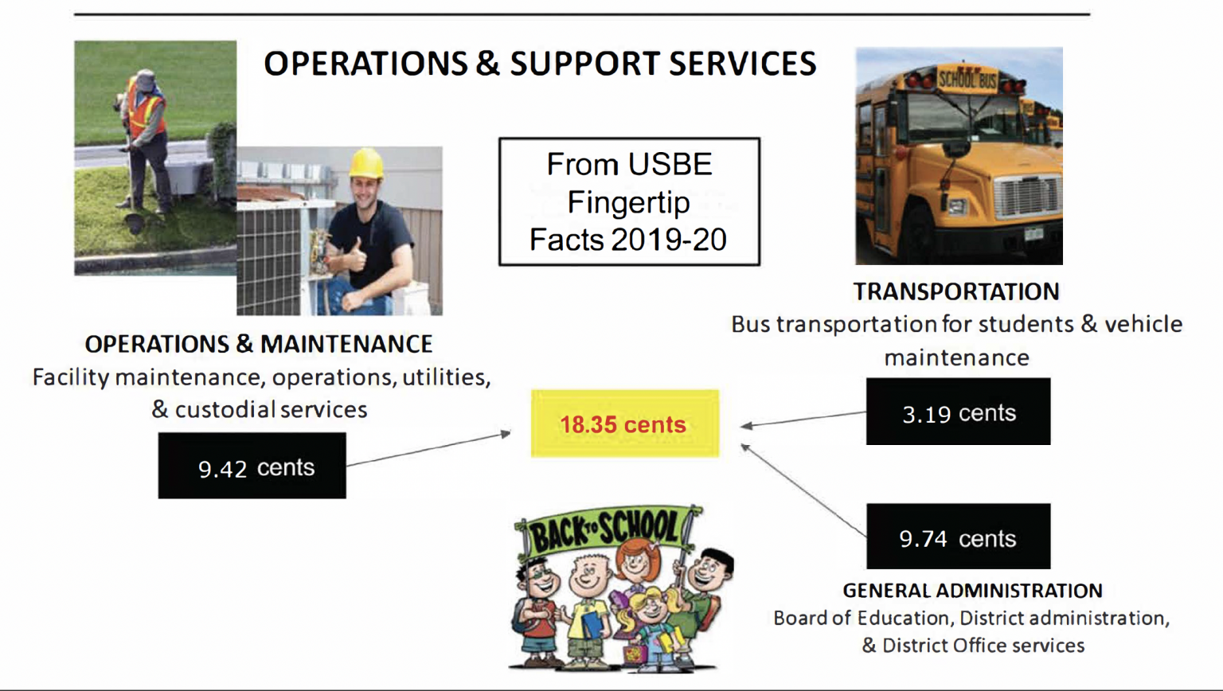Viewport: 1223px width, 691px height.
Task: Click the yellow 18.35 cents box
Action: click(x=625, y=424)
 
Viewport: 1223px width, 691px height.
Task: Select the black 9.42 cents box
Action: click(x=252, y=466)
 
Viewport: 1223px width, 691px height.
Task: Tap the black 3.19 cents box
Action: click(x=958, y=412)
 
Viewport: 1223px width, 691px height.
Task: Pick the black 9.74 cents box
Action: click(x=958, y=537)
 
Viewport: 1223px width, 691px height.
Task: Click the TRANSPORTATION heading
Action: click(x=956, y=292)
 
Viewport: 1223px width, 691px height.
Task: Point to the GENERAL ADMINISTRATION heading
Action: click(x=973, y=591)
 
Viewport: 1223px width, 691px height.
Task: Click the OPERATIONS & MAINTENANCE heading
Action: click(x=259, y=345)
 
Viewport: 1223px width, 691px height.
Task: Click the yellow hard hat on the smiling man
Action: click(x=365, y=163)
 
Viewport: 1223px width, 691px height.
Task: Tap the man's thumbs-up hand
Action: click(x=355, y=256)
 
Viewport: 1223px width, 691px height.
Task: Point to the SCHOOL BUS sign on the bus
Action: click(x=967, y=80)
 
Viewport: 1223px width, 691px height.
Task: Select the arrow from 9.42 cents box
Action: click(x=428, y=449)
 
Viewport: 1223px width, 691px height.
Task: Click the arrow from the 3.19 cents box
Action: click(x=803, y=420)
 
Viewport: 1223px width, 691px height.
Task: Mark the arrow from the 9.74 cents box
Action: click(x=803, y=490)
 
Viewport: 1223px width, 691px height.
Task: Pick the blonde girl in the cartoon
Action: click(x=654, y=623)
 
